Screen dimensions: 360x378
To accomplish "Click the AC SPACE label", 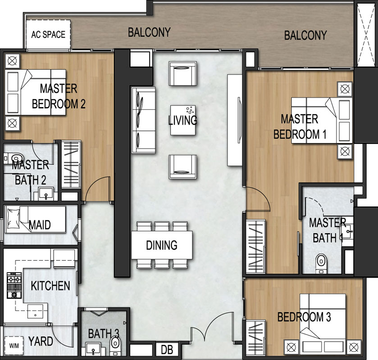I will tap(48, 35).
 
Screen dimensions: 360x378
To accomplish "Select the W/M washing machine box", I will tap(13, 346).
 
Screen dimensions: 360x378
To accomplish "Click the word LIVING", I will tap(182, 120).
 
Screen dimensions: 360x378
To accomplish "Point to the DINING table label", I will tap(162, 245).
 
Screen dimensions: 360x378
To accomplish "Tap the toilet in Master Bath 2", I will tap(14, 157).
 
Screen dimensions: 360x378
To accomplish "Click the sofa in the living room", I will tap(143, 120).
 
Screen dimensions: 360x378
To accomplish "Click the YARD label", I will tap(41, 342).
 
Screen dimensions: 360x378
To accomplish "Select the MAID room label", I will tap(39, 225).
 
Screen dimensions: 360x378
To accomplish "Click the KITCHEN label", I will tap(50, 285).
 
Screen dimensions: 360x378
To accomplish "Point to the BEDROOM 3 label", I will tap(304, 317).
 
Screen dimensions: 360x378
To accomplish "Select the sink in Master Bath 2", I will tap(45, 194).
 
